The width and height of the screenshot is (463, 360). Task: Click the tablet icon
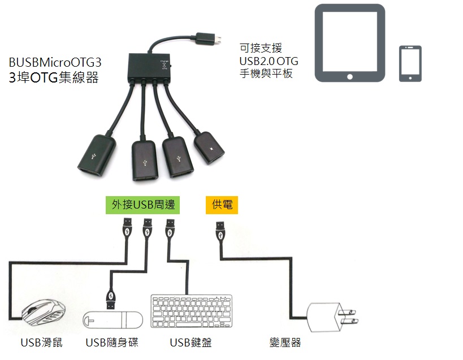tap(349, 43)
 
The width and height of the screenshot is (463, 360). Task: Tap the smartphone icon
tap(410, 63)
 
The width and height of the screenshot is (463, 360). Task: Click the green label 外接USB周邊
tap(142, 205)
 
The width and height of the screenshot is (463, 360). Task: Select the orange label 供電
tap(222, 205)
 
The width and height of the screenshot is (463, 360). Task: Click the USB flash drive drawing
tap(113, 319)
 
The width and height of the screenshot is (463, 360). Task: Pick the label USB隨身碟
tap(112, 342)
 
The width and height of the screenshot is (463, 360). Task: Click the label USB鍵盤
tap(191, 342)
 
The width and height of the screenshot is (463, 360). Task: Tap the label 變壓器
tap(285, 342)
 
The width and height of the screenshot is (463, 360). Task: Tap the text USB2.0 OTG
tap(269, 60)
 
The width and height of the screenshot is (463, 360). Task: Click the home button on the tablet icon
tap(349, 76)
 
